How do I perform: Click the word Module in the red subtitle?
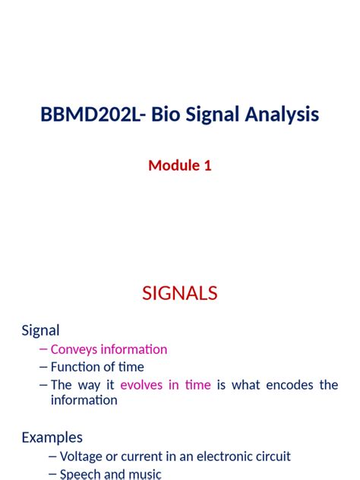tap(172, 165)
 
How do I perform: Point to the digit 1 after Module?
tap(207, 165)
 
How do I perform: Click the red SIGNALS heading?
tap(179, 293)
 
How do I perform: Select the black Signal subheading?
tap(40, 330)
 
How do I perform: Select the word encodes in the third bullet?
tap(291, 385)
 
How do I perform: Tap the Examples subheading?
tap(52, 437)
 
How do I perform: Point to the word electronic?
tap(213, 456)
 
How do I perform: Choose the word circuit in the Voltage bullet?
tap(270, 456)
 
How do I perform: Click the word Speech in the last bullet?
tap(80, 474)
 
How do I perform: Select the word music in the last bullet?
tap(144, 474)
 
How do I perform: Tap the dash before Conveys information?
tap(43, 349)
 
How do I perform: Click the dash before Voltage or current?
tap(52, 456)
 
